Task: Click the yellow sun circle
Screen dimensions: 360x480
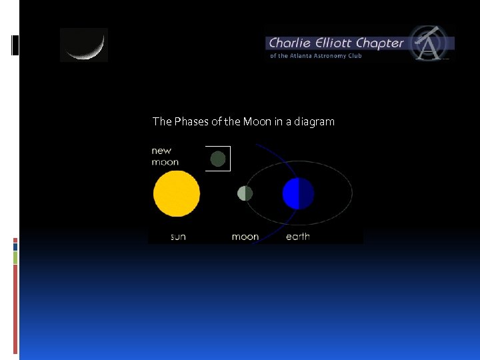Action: click(177, 194)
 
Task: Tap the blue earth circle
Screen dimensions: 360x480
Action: click(298, 194)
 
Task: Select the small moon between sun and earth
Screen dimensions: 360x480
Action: click(245, 193)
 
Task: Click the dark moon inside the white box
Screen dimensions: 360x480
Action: click(218, 159)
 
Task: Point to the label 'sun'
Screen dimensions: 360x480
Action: click(178, 237)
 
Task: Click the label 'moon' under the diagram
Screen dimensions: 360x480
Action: click(245, 237)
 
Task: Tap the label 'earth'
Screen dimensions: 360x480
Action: click(297, 237)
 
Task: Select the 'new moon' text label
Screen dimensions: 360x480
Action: click(165, 156)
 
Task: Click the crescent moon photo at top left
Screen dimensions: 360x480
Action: click(83, 45)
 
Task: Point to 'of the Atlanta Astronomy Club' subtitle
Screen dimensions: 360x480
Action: click(315, 56)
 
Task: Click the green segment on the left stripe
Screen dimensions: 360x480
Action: click(15, 257)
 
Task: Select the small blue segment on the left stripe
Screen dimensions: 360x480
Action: click(15, 246)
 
